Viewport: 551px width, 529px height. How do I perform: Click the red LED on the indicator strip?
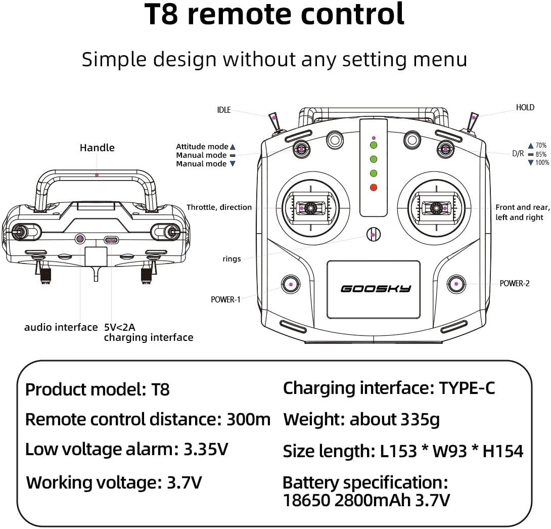pos(374,188)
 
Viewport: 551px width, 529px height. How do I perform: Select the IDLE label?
pos(223,110)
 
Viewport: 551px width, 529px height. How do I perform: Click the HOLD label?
pos(525,107)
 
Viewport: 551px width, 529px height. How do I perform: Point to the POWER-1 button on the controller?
pos(291,284)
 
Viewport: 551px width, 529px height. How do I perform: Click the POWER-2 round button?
pos(456,284)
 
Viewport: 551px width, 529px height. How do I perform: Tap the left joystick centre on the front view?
pos(310,207)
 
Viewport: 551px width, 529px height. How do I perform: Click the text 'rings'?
pos(232,259)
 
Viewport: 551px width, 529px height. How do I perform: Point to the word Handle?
pos(97,148)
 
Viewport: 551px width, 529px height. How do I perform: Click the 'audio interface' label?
pos(61,327)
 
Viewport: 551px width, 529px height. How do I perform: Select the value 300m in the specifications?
pos(249,419)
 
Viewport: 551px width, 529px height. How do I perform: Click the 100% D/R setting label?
pos(541,162)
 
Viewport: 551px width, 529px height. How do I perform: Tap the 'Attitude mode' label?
pos(202,147)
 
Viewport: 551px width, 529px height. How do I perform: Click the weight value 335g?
pos(420,419)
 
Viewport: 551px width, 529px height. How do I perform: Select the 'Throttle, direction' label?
pos(219,207)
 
